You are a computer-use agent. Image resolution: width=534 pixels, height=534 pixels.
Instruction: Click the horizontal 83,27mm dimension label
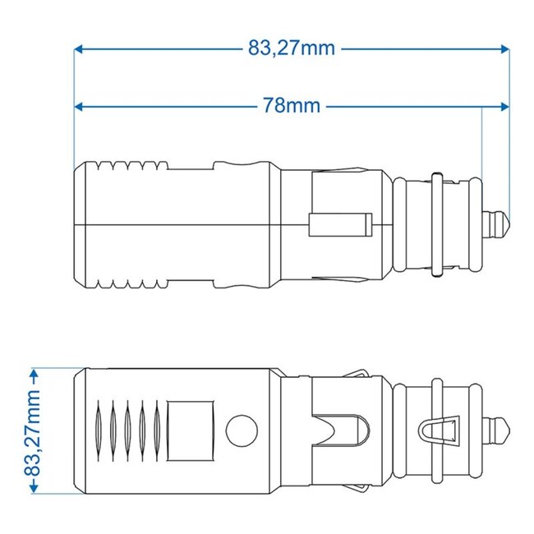click(292, 48)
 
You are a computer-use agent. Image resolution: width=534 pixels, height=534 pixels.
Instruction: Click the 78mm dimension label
click(292, 107)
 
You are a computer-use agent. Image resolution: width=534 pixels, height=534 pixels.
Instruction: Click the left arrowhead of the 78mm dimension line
click(79, 107)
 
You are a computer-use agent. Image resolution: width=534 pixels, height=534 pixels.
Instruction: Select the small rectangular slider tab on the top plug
click(338, 223)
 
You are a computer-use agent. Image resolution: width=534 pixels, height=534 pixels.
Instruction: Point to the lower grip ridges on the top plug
click(127, 280)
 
